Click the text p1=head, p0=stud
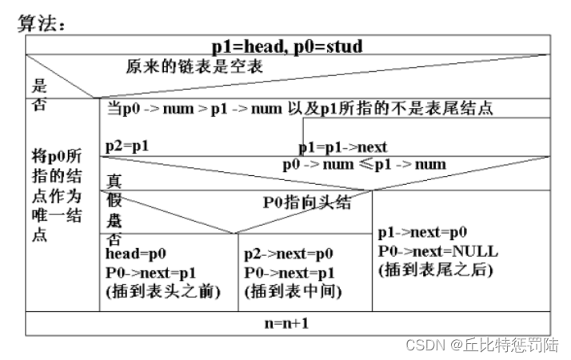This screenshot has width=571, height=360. point(287,46)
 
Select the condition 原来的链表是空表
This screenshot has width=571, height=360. point(194,67)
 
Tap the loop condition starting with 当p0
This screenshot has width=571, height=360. point(304,108)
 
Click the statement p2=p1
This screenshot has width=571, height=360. point(128,146)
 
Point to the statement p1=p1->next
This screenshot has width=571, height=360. point(343,147)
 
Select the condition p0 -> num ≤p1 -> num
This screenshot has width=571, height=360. point(364,165)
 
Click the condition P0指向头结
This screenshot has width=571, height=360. point(307,202)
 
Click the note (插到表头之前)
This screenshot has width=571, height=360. point(163,292)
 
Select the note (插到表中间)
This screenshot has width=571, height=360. point(293,292)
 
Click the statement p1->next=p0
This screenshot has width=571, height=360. point(422,232)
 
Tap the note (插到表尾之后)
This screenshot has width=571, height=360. point(435,270)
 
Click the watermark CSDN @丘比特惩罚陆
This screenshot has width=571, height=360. point(481,346)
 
